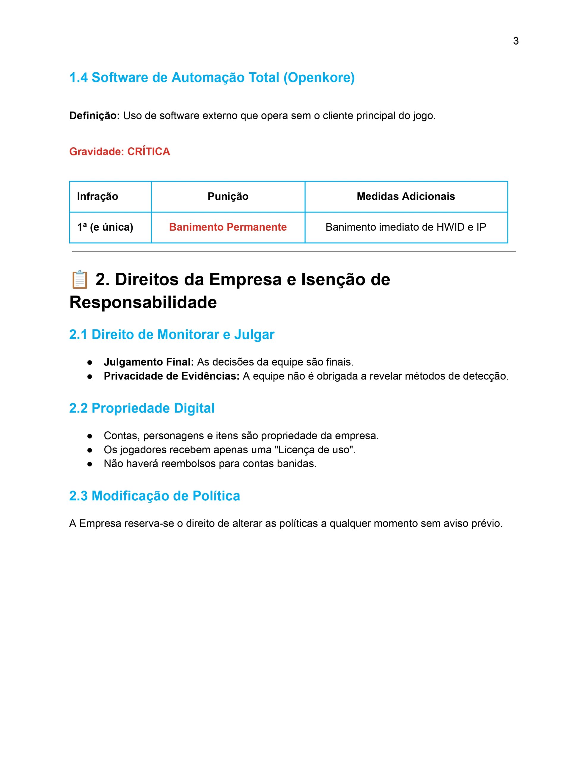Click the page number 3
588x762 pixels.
coord(515,41)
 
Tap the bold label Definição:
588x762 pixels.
coord(95,116)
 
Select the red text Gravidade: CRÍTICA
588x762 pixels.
coord(120,152)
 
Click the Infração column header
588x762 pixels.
coord(98,196)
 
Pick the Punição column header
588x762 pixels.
coord(228,196)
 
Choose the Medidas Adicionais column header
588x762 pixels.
coord(406,196)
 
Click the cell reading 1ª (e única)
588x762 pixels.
coord(105,227)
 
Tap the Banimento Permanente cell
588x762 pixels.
coord(228,227)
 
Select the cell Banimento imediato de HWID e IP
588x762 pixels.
coord(406,227)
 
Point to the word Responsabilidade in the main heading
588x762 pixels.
coord(143,302)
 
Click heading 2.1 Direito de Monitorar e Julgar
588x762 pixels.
coord(172,334)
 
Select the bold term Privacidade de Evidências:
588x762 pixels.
coord(172,376)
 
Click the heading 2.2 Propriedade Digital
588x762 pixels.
coord(142,408)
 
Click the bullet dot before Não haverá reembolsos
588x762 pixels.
coord(89,464)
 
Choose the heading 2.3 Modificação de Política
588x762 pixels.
coord(154,496)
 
